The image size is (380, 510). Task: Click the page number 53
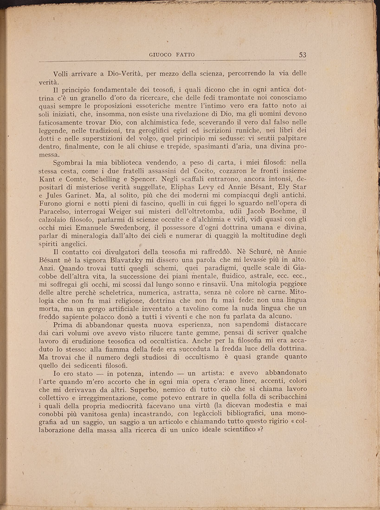click(x=303, y=54)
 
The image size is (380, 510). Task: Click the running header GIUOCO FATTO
click(x=172, y=55)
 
